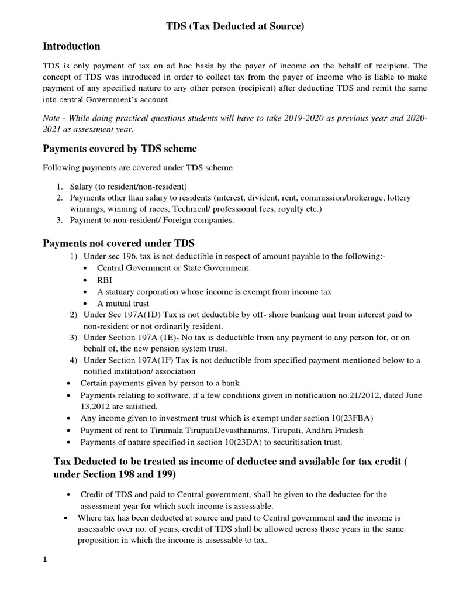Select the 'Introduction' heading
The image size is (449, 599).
pyautogui.click(x=71, y=46)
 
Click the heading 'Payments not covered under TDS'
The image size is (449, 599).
pyautogui.click(x=119, y=243)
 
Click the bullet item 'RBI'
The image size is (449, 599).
pyautogui.click(x=105, y=280)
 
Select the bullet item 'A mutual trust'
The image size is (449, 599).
pyautogui.click(x=123, y=303)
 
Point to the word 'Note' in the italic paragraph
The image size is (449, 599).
pyautogui.click(x=53, y=118)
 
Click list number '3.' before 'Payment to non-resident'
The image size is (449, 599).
pyautogui.click(x=60, y=220)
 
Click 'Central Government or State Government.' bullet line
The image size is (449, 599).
pyautogui.click(x=174, y=268)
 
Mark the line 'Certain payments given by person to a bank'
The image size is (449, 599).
pyautogui.click(x=160, y=383)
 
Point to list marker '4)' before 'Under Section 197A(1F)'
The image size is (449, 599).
pyautogui.click(x=74, y=360)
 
